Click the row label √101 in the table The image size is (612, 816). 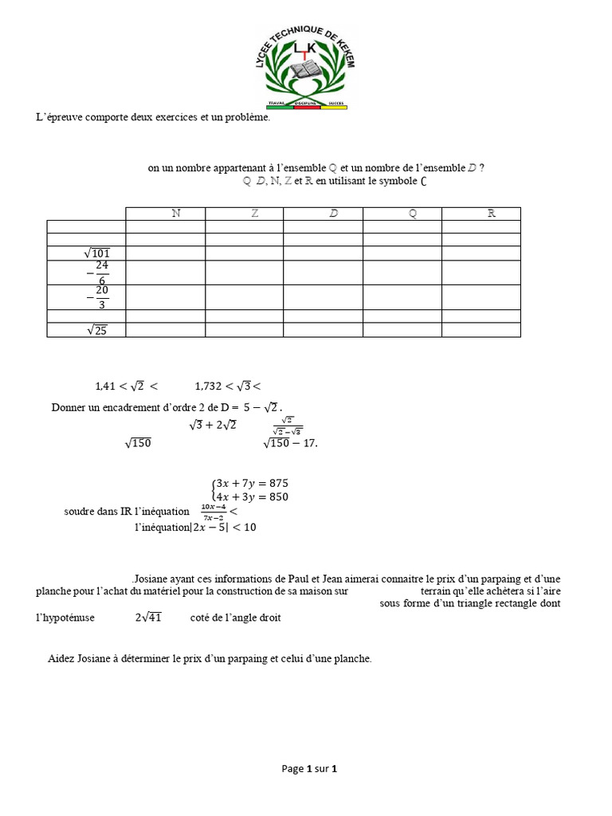96,253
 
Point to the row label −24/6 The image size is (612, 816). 99,273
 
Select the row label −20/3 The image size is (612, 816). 99,297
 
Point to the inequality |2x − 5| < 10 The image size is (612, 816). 224,527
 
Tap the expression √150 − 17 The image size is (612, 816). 290,443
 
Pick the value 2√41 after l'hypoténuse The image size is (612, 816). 148,618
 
